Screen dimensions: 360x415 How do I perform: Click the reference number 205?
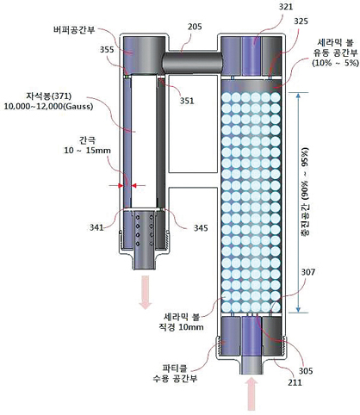pyautogui.click(x=195, y=27)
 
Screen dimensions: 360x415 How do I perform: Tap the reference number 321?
pyautogui.click(x=286, y=7)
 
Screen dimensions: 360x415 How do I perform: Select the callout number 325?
pyautogui.click(x=301, y=22)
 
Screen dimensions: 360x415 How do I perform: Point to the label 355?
pyautogui.click(x=107, y=50)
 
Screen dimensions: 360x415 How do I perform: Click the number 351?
pyautogui.click(x=187, y=101)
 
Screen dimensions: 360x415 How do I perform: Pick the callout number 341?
pyautogui.click(x=96, y=227)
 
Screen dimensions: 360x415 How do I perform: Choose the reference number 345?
pyautogui.click(x=201, y=228)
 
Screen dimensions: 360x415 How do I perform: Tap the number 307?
pyautogui.click(x=308, y=272)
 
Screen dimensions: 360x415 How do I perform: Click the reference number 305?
pyautogui.click(x=306, y=371)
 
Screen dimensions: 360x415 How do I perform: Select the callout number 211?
pyautogui.click(x=295, y=382)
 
